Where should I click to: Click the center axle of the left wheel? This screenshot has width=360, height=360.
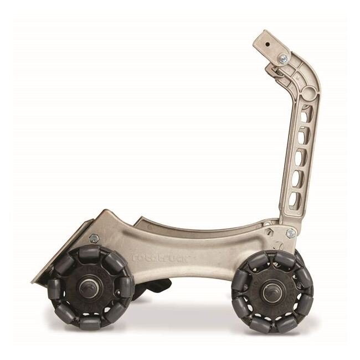(x=88, y=287)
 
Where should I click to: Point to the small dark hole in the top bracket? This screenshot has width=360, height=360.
(x=268, y=41)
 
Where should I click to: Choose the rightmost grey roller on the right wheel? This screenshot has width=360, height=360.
(x=307, y=291)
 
